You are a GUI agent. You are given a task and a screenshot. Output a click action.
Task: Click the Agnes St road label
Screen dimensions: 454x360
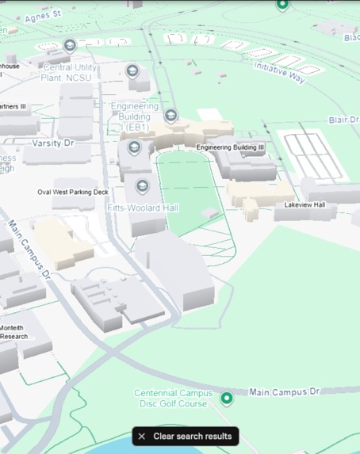42,16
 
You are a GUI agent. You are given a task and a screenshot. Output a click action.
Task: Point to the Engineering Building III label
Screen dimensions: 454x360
231,147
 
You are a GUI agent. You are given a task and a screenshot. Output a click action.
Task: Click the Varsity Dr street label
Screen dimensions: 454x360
52,143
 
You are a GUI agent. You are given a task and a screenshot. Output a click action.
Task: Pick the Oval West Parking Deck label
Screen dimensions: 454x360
72,193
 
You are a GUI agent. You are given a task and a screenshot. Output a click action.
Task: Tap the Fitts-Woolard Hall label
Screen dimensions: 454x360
143,208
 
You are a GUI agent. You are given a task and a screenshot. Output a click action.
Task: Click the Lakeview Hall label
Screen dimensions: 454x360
304,205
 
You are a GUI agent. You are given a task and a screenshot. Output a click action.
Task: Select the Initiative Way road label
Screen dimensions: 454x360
279,71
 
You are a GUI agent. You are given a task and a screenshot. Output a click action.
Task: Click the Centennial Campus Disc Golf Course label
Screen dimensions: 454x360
173,398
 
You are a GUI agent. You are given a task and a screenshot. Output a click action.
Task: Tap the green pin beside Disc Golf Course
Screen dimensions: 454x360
227,398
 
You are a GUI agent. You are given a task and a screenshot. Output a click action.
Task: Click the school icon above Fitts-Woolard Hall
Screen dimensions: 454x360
143,187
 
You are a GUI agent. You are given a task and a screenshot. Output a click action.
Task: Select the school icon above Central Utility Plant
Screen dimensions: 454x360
70,45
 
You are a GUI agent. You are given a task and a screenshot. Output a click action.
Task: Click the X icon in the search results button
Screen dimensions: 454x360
142,437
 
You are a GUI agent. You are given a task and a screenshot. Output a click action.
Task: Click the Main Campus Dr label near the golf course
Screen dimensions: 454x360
284,391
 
